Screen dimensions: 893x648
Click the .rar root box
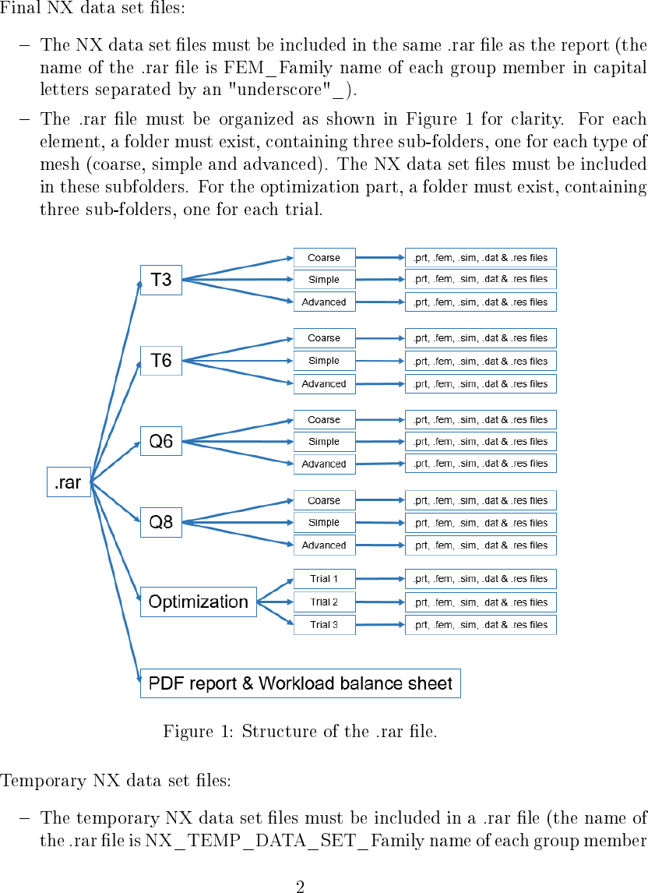tap(69, 482)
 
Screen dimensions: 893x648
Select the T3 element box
tap(160, 280)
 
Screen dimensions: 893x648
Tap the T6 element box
tap(160, 360)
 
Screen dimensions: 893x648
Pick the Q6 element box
tap(160, 441)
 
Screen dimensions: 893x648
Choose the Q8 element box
tap(160, 521)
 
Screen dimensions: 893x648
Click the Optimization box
tap(198, 602)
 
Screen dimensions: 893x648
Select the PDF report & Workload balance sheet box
tap(300, 683)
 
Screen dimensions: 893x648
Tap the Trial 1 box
tap(324, 579)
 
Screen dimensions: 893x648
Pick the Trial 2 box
tap(324, 602)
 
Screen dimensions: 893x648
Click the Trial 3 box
tap(324, 624)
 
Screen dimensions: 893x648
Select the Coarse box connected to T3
tap(324, 257)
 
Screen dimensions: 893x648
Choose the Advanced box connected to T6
tap(324, 383)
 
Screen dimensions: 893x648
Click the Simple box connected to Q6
tap(324, 441)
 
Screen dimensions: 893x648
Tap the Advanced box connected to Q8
tap(324, 545)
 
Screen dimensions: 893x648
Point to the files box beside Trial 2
tap(481, 602)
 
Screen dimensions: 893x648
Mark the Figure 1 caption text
tap(300, 732)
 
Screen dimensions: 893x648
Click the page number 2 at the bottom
tap(300, 886)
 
